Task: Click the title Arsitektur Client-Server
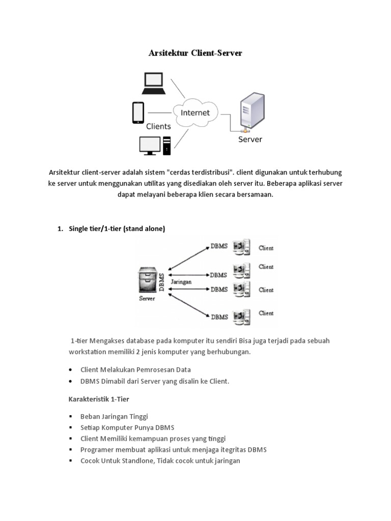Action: pos(195,52)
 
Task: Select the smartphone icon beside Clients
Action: pos(138,112)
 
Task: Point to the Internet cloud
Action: pos(195,112)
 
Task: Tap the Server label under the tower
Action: pos(250,139)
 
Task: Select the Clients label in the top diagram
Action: pos(158,126)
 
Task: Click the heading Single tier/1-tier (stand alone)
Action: pos(117,229)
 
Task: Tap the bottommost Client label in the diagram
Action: pos(266,313)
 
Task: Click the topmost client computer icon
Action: pos(240,247)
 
